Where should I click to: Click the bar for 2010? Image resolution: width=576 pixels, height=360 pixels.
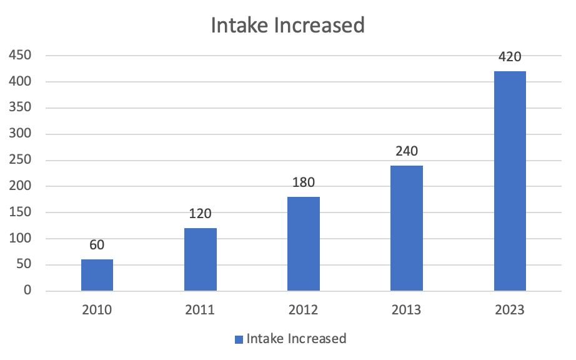(97, 275)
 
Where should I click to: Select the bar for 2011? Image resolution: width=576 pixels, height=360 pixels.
(201, 259)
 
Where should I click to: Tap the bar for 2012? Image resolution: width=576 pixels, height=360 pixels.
(304, 244)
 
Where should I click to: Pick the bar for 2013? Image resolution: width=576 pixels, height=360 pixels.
(407, 228)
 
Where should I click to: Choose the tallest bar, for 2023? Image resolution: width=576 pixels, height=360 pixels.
(510, 181)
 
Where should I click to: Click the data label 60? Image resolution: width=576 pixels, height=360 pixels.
(97, 245)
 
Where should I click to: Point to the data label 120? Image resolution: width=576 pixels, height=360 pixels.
(201, 214)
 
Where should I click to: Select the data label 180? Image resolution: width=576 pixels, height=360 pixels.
(304, 182)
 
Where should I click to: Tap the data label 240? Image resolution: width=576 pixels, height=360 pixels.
(407, 151)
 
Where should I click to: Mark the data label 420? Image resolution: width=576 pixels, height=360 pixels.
(510, 57)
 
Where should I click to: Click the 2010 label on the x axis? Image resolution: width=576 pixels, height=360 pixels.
(97, 310)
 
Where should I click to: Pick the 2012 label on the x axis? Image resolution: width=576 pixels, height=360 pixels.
(304, 310)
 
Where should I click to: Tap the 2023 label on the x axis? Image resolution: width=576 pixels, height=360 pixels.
(510, 310)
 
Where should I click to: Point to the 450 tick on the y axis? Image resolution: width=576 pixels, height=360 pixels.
(20, 56)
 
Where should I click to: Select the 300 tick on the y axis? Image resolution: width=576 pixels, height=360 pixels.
(20, 134)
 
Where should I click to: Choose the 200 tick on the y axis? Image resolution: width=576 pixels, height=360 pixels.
(20, 186)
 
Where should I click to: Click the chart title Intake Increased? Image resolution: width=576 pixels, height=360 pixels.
(287, 26)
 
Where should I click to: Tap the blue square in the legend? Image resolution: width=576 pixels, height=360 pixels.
(239, 339)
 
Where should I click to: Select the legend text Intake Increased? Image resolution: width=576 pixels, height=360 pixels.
(296, 339)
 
